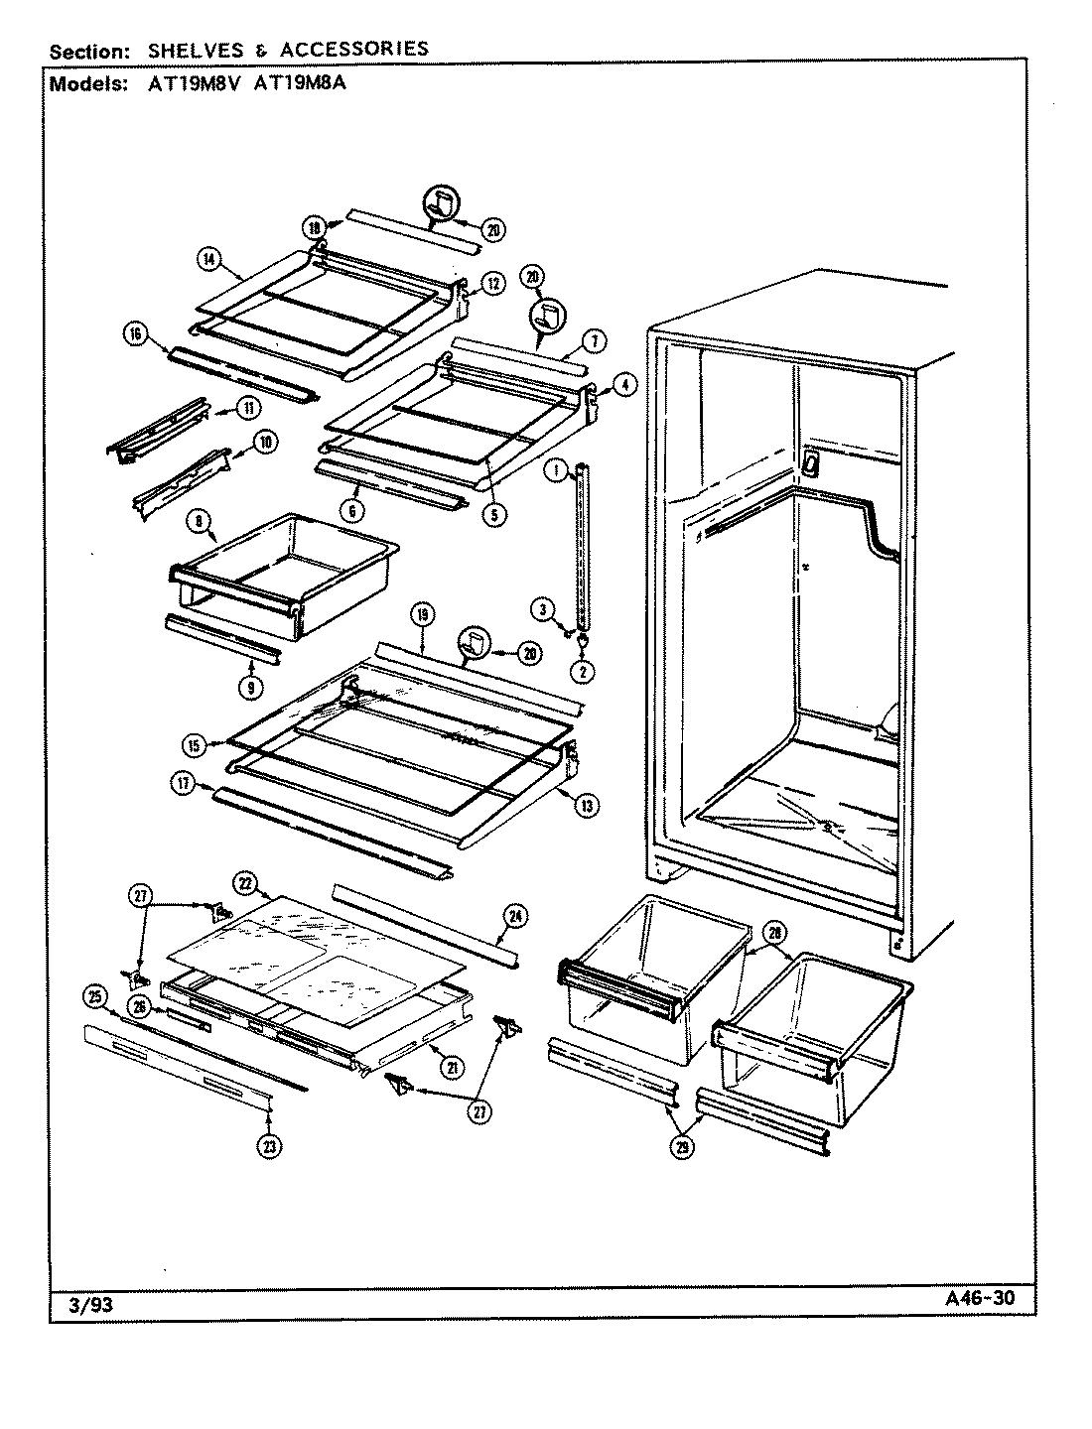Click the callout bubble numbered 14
point(208,260)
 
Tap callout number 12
point(493,284)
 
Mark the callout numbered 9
point(251,686)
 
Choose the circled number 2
point(583,671)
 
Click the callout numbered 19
point(422,616)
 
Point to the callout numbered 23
point(270,1146)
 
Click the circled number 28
point(772,932)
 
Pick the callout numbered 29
point(685,1147)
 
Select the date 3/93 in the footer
point(90,1305)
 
